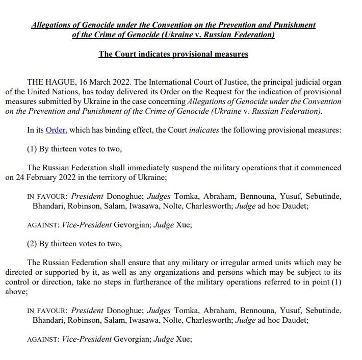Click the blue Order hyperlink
(x=56, y=130)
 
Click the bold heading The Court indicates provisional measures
(x=173, y=54)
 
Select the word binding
(x=120, y=130)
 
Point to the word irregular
(x=207, y=263)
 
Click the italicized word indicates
(x=204, y=130)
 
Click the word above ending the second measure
(x=16, y=292)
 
